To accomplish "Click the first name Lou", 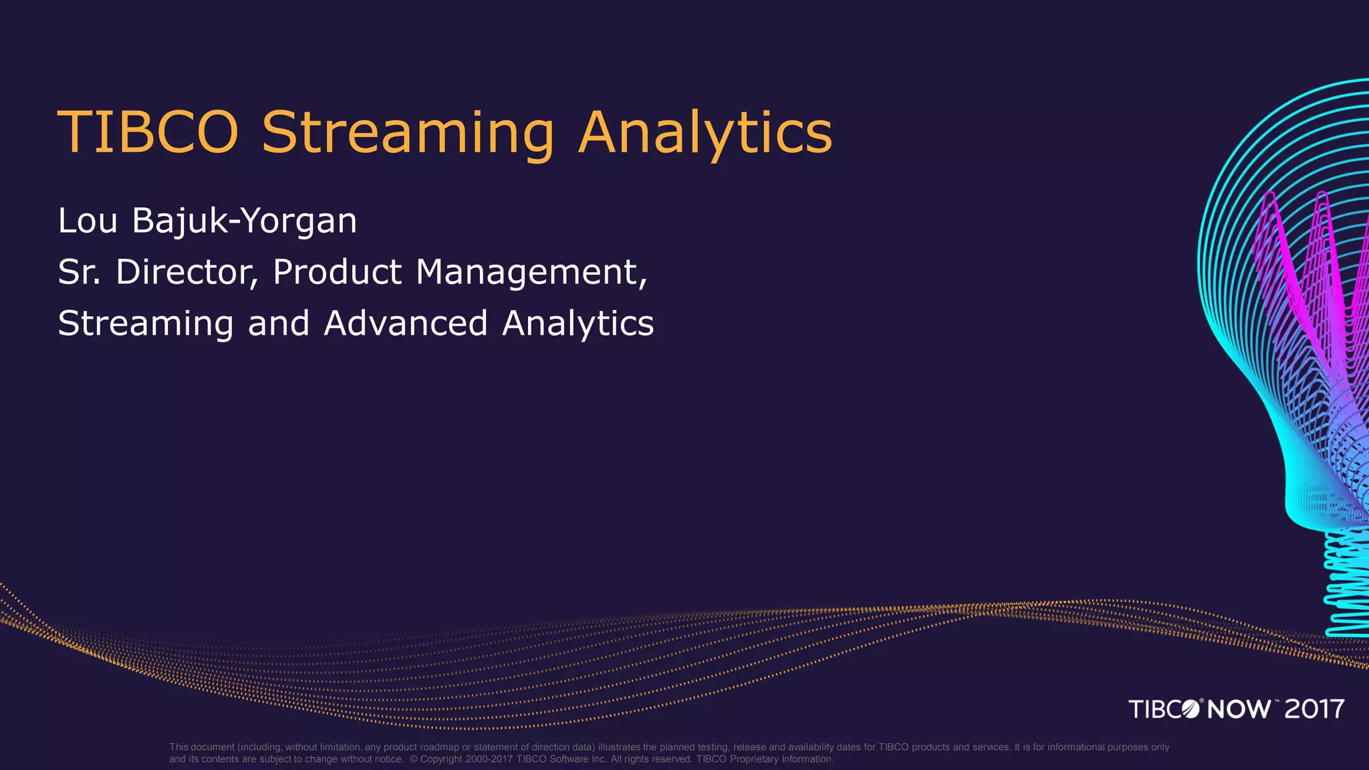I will point(88,221).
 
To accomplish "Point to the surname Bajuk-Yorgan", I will point(244,221).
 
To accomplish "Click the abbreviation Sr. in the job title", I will point(79,272).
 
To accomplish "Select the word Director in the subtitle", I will point(186,272).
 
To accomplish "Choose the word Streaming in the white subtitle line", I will point(145,324).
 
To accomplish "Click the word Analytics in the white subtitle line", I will point(578,324).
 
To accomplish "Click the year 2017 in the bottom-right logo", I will point(1314,709).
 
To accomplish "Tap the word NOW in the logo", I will point(1239,709).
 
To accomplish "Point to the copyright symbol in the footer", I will point(413,759).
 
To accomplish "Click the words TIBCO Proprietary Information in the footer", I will point(765,759).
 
